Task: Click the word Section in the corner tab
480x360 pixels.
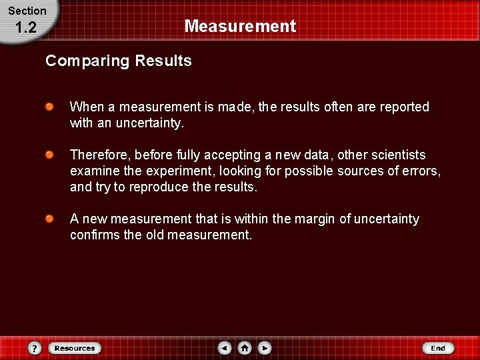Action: [x=27, y=11]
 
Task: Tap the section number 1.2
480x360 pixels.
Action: [x=25, y=27]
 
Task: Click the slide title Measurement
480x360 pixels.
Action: [x=240, y=27]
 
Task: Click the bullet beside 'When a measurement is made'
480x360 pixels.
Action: [x=49, y=107]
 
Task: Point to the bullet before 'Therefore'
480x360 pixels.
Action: [x=49, y=155]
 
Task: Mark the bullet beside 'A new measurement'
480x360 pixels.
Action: [x=49, y=219]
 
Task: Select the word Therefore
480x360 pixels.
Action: [x=99, y=155]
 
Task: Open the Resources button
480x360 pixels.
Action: [x=75, y=348]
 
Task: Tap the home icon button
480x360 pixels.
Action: [x=245, y=348]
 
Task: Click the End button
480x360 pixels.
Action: [x=437, y=348]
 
